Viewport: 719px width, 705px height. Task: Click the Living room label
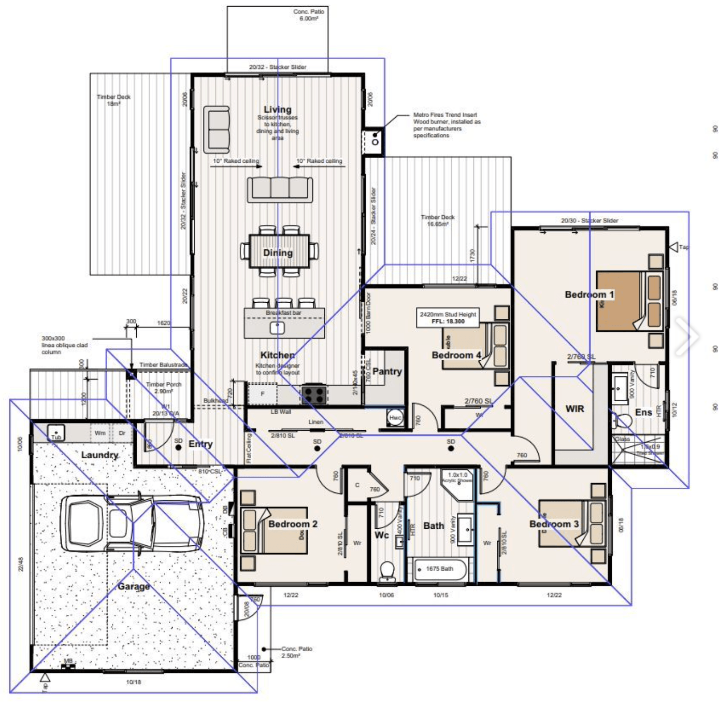coord(278,109)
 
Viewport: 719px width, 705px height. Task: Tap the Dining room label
coord(278,252)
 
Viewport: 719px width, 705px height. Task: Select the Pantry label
coord(387,371)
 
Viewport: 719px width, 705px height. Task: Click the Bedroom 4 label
coord(456,355)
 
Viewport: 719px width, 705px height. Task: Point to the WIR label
coord(574,408)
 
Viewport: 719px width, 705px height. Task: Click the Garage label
coord(134,586)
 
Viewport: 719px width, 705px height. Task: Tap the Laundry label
coord(99,455)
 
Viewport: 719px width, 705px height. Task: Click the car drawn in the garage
coord(132,523)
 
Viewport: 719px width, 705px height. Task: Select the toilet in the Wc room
coord(386,571)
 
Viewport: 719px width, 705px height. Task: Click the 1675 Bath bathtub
coord(440,569)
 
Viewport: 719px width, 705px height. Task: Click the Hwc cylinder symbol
coord(395,418)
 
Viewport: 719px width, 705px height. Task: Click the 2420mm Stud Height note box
coord(448,318)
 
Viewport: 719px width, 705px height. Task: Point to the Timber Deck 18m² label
coord(113,100)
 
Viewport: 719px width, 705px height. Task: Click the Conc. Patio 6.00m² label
coord(309,15)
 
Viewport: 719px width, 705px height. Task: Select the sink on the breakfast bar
coord(277,328)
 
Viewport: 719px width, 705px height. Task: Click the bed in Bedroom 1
coord(629,301)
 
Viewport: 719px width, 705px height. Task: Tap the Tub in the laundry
coord(56,432)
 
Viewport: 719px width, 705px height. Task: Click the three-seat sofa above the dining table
coord(280,189)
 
